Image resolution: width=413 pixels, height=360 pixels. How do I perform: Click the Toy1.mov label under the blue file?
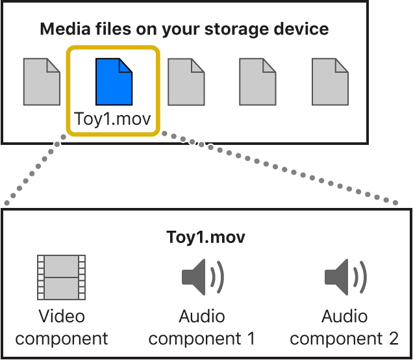113,120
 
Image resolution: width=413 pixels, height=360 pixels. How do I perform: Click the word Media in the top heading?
62,29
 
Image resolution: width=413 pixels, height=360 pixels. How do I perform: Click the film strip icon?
62,276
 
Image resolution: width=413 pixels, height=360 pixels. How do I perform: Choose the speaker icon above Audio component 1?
202,277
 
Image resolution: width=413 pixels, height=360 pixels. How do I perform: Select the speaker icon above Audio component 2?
345,277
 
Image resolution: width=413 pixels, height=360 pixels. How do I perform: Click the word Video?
62,316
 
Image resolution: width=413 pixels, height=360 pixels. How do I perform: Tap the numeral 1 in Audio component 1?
250,339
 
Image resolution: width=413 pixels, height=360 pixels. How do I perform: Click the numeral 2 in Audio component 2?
393,339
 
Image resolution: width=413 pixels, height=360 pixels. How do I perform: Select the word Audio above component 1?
202,316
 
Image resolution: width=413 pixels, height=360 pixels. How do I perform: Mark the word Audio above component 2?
345,316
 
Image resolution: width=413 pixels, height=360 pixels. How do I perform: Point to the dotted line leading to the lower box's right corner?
279,168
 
